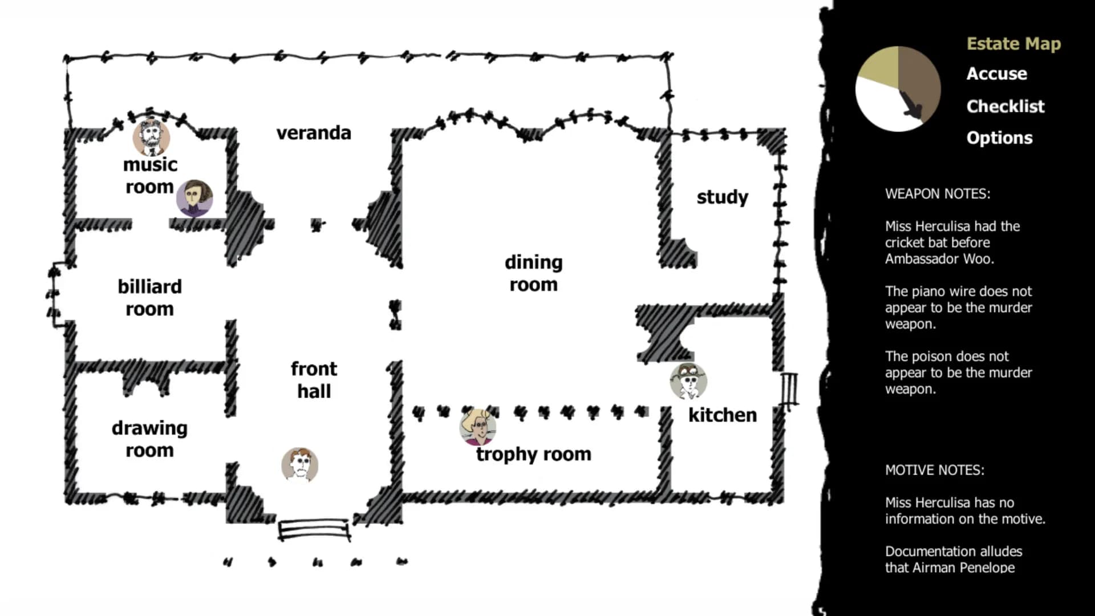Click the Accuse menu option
tap(996, 74)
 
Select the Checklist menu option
tap(1005, 106)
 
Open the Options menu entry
tap(999, 138)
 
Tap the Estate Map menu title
tap(1013, 44)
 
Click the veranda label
tap(314, 133)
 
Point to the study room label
tap(722, 197)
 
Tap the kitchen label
tap(723, 415)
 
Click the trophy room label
tap(534, 454)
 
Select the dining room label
tap(534, 273)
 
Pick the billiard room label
tap(149, 297)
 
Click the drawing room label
tap(149, 439)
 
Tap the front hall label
tap(314, 380)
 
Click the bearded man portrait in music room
tap(151, 137)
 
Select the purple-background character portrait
tap(194, 198)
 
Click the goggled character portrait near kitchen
tap(688, 381)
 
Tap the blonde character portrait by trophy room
tap(478, 427)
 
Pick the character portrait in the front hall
tap(299, 465)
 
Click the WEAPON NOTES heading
tap(938, 194)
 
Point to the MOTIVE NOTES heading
tap(935, 470)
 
